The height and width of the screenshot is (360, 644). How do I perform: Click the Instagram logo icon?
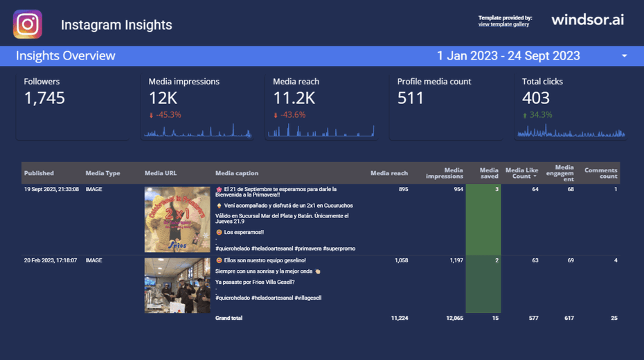click(x=28, y=24)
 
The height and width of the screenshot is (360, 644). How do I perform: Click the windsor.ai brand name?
click(x=587, y=20)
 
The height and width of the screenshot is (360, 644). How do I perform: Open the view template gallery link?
click(x=503, y=25)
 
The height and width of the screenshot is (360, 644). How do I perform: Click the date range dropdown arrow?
click(x=624, y=56)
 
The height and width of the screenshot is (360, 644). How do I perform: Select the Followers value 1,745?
click(x=44, y=98)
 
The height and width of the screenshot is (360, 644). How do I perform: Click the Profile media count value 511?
click(x=411, y=98)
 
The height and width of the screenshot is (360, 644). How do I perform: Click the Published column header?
click(x=39, y=173)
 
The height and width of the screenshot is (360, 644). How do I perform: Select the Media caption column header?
click(x=237, y=173)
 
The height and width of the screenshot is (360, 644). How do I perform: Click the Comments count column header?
click(x=600, y=173)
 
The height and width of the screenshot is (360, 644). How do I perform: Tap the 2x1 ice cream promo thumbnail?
click(x=177, y=219)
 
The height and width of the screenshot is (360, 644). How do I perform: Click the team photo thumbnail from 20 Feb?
click(x=177, y=285)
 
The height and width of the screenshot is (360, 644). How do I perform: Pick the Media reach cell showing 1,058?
click(x=401, y=260)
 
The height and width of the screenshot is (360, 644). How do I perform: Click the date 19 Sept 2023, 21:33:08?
click(x=51, y=189)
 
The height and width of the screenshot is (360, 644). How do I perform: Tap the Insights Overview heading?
click(x=66, y=56)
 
